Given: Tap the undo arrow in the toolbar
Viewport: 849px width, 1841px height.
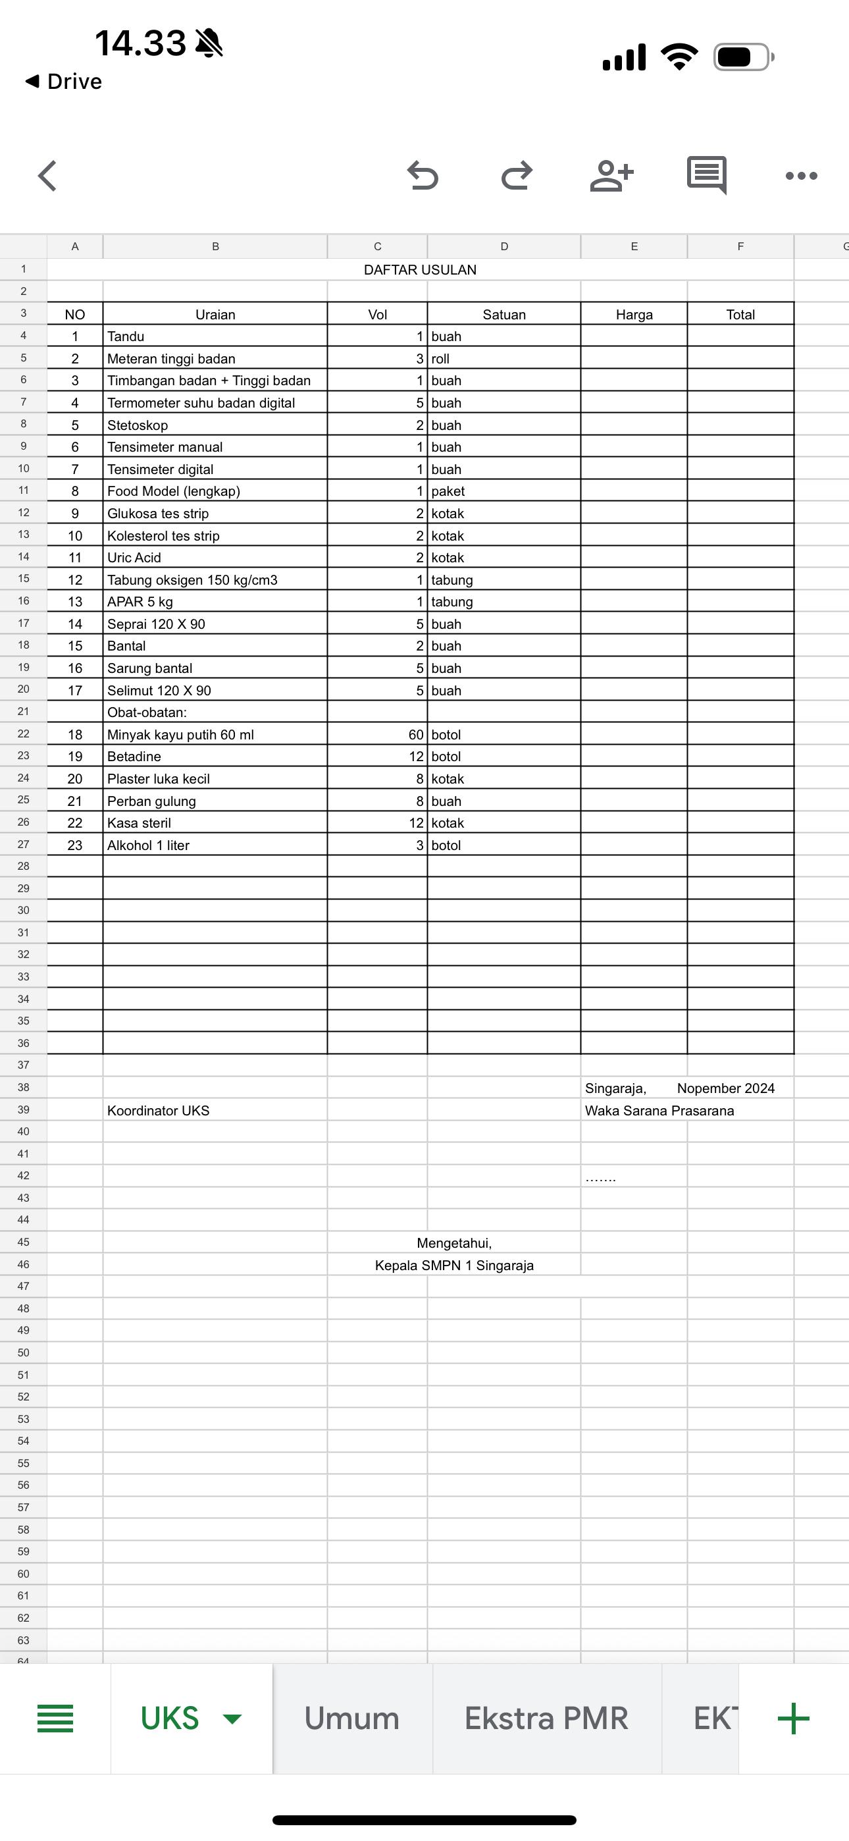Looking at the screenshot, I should (423, 175).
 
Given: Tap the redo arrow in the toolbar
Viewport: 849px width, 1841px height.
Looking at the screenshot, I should (517, 175).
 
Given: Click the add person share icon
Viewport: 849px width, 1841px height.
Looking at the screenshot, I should (611, 175).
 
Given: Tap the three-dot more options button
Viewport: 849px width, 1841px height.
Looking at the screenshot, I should (801, 176).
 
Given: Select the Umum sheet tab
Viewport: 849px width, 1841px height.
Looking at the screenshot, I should (351, 1718).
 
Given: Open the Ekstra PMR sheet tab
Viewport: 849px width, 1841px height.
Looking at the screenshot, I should (546, 1718).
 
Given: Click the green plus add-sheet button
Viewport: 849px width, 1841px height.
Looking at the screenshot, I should (793, 1718).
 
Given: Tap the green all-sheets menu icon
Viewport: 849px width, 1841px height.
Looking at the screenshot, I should (55, 1718).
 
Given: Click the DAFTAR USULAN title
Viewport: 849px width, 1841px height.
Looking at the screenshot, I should (419, 269).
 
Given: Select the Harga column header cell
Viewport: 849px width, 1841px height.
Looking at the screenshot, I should (634, 315).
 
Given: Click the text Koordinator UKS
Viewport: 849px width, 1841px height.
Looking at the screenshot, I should (159, 1111).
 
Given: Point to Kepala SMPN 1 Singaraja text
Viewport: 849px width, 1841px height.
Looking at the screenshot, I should (454, 1265).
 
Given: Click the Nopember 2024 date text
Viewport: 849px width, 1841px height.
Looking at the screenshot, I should (725, 1088).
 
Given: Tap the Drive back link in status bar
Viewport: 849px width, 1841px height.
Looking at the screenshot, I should (64, 82).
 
